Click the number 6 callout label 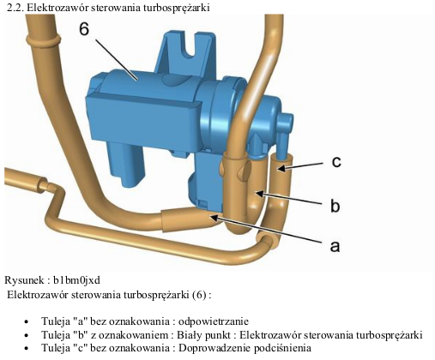coord(84,29)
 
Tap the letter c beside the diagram coord(336,162)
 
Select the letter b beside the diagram coord(335,205)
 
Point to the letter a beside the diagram coord(335,246)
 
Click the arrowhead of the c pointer coord(281,169)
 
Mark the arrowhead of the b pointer coord(259,194)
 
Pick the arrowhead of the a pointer coord(214,218)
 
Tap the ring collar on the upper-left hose coord(43,39)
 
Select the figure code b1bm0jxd coord(77,280)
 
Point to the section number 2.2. coord(15,8)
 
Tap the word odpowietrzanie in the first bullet coord(214,321)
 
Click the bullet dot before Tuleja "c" coord(27,349)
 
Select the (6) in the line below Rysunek coord(199,295)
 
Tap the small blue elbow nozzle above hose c coord(285,134)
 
